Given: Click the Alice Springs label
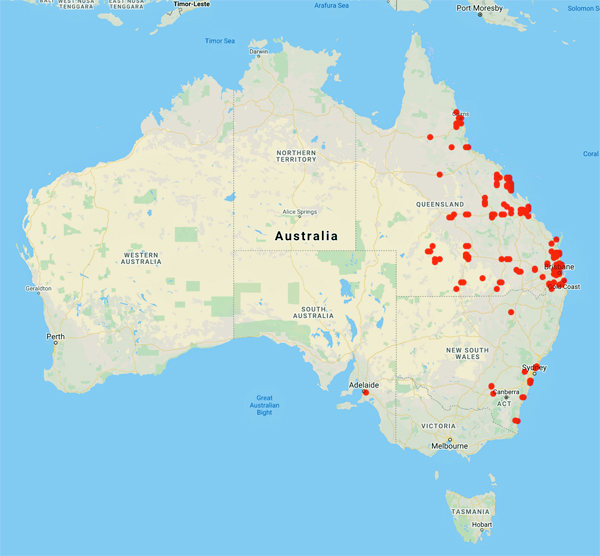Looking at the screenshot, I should coord(300,212).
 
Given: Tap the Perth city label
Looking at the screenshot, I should coord(56,336).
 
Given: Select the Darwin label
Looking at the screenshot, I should coord(259,51).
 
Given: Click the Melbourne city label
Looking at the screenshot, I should coord(450,446).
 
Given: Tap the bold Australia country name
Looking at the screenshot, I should coord(306,236).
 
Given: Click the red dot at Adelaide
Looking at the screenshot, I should coord(365,392).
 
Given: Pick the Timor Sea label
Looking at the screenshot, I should coord(219,41).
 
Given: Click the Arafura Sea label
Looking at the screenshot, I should coord(330,6).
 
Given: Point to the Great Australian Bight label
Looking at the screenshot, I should coord(264,405).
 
